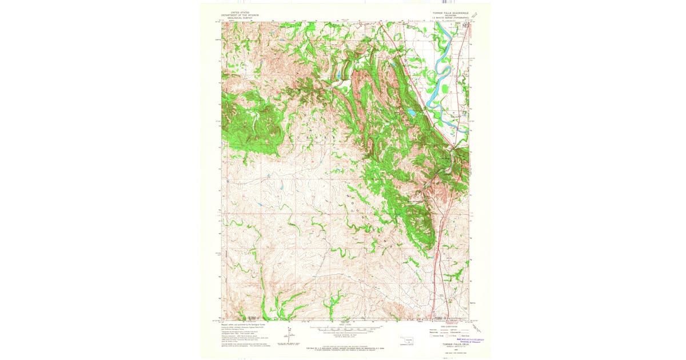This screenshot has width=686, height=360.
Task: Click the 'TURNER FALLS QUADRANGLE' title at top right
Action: tap(450, 12)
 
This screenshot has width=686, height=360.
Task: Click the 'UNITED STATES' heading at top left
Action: tap(240, 12)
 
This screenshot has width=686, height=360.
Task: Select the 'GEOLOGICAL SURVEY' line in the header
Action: tap(240, 18)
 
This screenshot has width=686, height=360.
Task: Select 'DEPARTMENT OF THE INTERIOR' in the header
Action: tap(240, 15)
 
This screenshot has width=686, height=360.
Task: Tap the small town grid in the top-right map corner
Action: tap(465, 25)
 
